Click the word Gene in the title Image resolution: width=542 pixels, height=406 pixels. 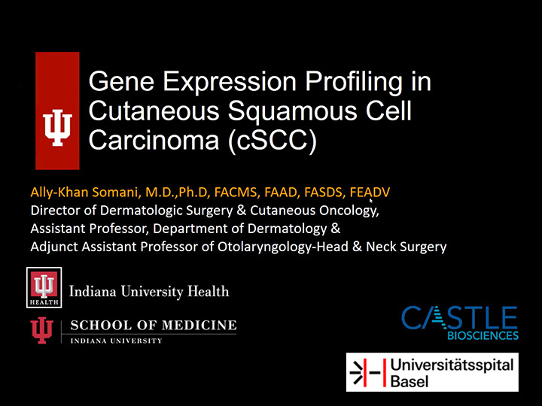coord(121,80)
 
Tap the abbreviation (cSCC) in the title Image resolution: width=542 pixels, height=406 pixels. coord(272,140)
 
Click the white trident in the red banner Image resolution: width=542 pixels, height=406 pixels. coord(57,127)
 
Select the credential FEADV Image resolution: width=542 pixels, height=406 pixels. coord(370,192)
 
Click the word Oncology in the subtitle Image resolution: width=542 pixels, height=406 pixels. coord(349,211)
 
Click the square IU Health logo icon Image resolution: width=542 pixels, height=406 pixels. coord(44,287)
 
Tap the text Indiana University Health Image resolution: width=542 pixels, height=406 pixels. coord(149,292)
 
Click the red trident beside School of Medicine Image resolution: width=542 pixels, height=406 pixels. coord(42,330)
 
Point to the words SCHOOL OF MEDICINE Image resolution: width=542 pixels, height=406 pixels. coord(154,326)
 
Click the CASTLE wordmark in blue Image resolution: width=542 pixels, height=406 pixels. coord(459,317)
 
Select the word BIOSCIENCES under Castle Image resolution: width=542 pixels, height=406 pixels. coord(483,335)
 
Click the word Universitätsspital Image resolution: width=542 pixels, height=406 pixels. coord(452,365)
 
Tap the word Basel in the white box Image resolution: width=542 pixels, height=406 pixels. coord(410,381)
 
